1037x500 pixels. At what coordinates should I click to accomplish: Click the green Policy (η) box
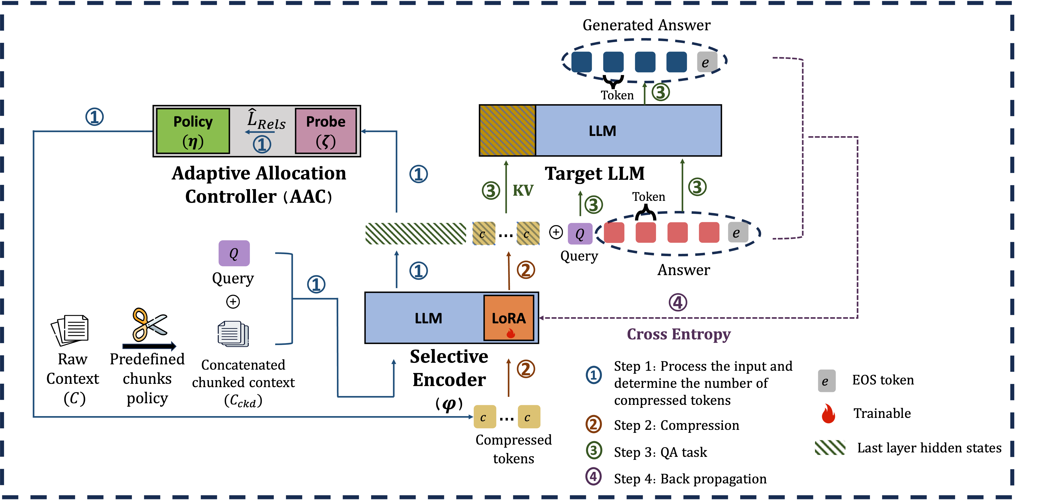click(193, 131)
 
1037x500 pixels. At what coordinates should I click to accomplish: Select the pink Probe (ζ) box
click(326, 131)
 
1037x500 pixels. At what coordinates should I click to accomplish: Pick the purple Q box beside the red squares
click(580, 234)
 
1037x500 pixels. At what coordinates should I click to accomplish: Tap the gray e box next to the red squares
click(737, 233)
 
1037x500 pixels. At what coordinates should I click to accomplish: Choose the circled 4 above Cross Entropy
click(678, 302)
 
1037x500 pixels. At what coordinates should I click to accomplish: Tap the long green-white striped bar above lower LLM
click(415, 234)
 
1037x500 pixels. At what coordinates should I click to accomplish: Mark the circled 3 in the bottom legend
click(593, 450)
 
